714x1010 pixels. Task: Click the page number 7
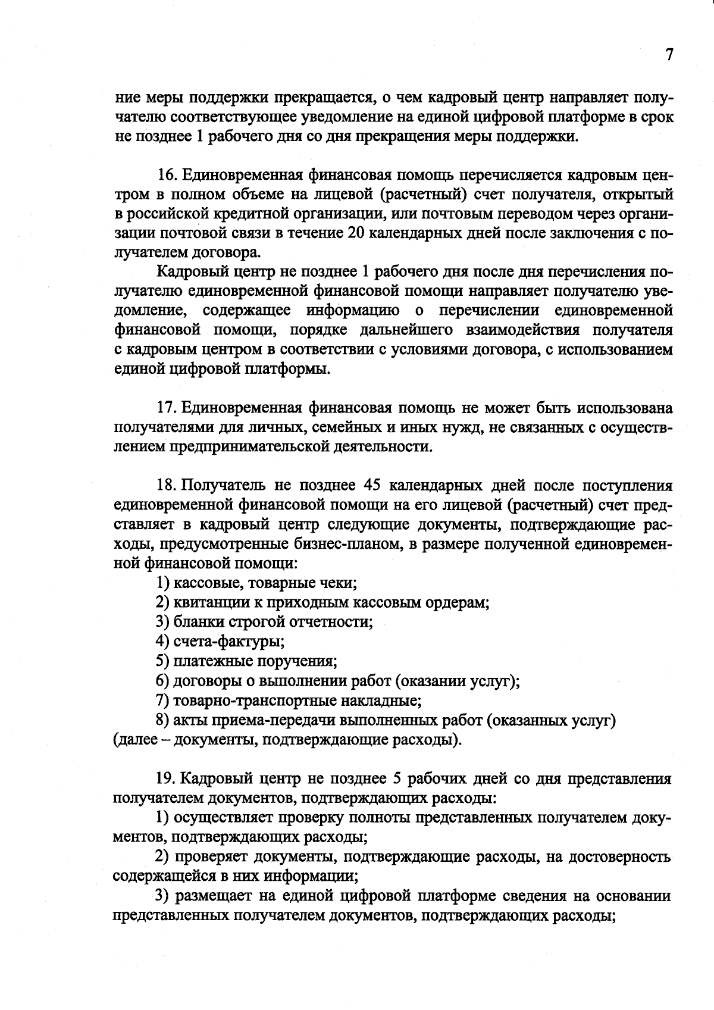point(669,55)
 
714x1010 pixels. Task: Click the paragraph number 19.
point(166,778)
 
